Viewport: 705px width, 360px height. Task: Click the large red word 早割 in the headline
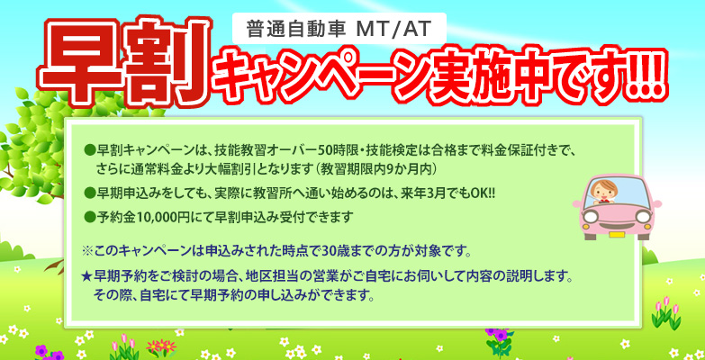[x=123, y=63]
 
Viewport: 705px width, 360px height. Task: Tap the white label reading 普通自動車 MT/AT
[x=339, y=29]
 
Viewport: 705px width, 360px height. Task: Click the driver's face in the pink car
[x=603, y=191]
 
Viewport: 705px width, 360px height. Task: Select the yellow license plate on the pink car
[x=616, y=235]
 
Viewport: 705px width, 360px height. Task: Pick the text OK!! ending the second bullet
[x=486, y=193]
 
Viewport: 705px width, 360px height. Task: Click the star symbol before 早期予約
[x=87, y=276]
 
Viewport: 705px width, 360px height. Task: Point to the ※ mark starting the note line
[x=87, y=251]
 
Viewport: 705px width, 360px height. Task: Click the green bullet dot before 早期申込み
[x=88, y=193]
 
